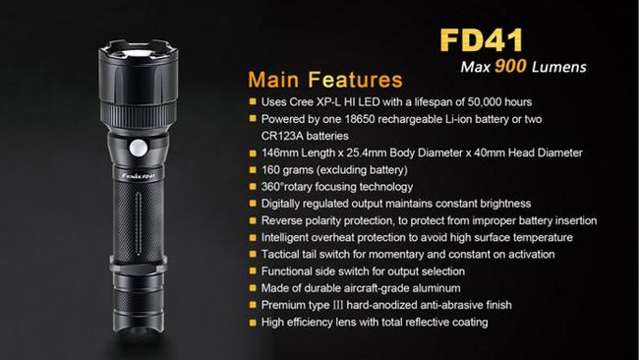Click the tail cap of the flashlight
[139, 315]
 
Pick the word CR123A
[283, 135]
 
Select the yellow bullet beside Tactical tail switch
[254, 254]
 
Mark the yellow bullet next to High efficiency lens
[254, 322]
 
